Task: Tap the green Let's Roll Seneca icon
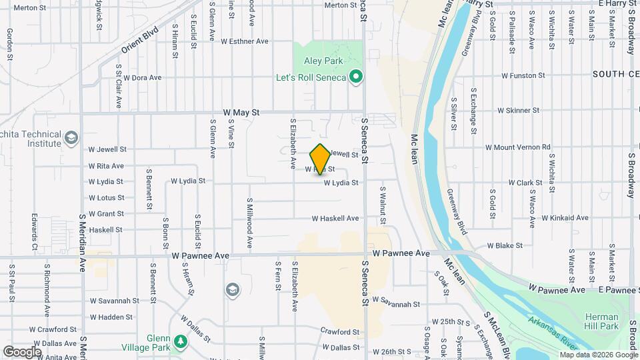click(x=356, y=77)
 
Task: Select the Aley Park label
click(x=323, y=61)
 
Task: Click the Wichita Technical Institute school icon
click(x=70, y=139)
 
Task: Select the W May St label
click(x=241, y=113)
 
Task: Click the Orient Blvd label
click(x=139, y=40)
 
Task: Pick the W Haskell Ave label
click(x=335, y=218)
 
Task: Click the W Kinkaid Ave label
click(x=565, y=217)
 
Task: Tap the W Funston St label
click(x=523, y=75)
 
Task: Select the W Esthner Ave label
click(x=243, y=41)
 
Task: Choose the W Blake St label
click(x=505, y=245)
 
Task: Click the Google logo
click(x=22, y=351)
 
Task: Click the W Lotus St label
click(x=106, y=197)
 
